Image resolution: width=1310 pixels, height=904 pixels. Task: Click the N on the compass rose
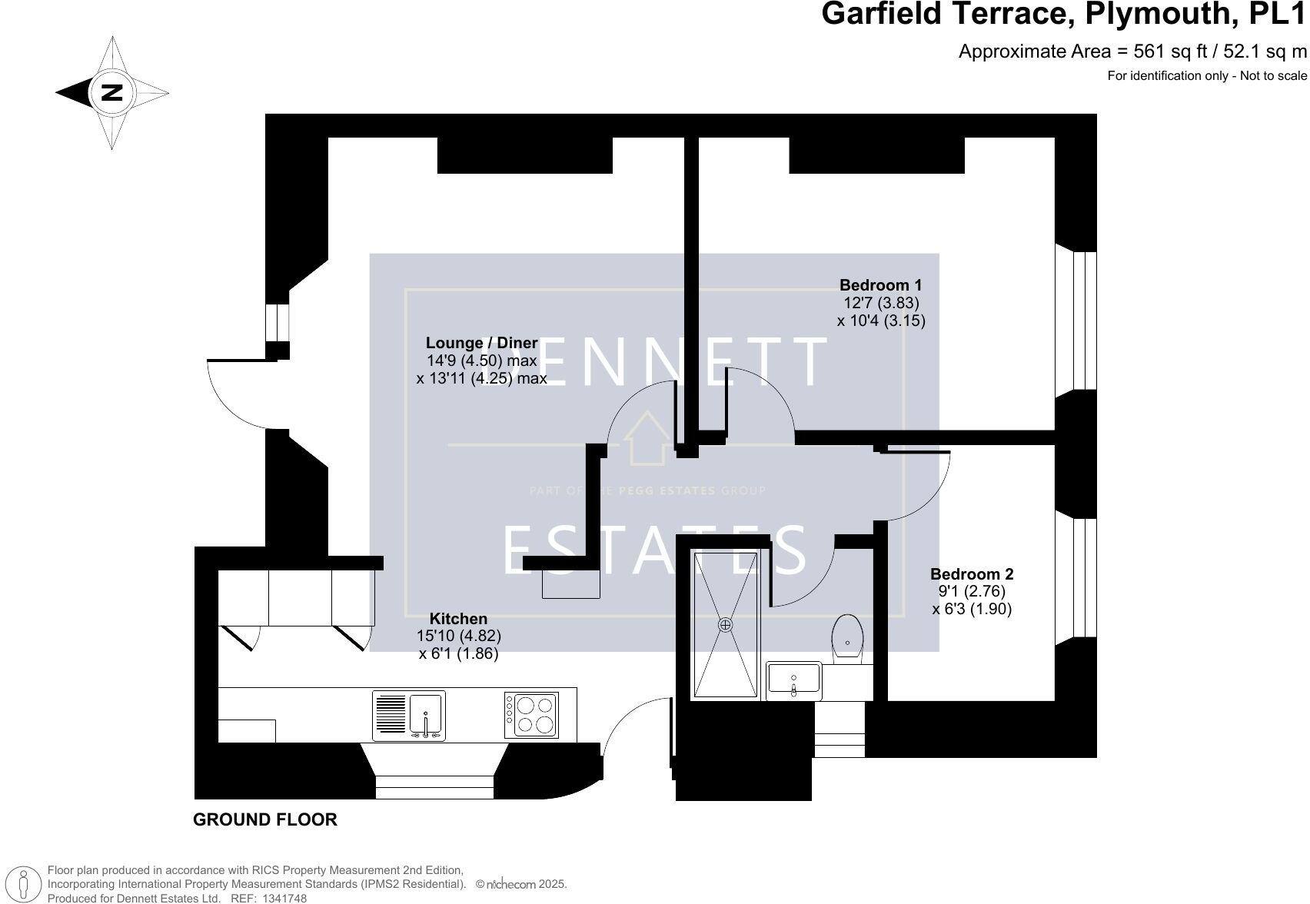click(112, 92)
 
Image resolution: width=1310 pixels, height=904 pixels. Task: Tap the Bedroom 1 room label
click(880, 285)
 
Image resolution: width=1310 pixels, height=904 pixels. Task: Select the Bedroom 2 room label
click(972, 574)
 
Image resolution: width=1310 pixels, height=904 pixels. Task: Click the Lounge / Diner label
click(481, 343)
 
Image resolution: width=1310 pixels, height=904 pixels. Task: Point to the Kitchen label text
click(458, 619)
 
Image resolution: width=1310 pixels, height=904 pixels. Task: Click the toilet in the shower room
click(849, 637)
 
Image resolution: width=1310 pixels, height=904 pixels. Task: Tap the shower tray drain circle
click(725, 625)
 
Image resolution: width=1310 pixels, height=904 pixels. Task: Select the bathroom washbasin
click(794, 680)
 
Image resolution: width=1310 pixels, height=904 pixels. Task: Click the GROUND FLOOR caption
click(264, 819)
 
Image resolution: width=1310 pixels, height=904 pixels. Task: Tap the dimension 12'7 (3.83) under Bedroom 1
click(881, 303)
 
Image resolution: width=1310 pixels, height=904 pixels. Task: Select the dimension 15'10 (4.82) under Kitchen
click(459, 636)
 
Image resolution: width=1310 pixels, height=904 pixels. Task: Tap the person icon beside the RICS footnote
click(23, 885)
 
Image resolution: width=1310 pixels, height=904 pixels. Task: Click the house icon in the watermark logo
click(647, 438)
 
